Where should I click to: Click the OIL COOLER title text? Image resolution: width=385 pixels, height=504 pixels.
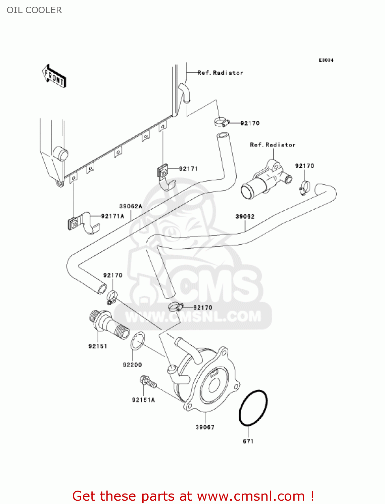(x=34, y=10)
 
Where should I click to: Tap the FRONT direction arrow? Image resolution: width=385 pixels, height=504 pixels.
(x=54, y=76)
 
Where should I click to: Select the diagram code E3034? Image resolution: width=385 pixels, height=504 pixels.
(x=326, y=60)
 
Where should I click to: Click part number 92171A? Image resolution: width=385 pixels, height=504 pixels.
(x=112, y=216)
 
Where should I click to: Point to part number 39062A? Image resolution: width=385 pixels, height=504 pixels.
(x=131, y=206)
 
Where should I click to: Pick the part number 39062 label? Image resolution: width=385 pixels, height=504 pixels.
(x=245, y=217)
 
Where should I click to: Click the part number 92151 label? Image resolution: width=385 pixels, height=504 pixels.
(x=98, y=346)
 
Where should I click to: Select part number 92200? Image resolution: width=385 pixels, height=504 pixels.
(x=132, y=365)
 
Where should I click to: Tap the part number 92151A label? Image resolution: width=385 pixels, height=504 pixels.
(x=143, y=400)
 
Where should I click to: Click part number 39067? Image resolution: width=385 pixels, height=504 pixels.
(x=205, y=427)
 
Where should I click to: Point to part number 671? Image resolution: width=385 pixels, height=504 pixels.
(x=248, y=441)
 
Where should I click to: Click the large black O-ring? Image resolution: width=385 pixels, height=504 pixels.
(x=253, y=408)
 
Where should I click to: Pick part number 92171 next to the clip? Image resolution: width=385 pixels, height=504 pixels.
(x=188, y=169)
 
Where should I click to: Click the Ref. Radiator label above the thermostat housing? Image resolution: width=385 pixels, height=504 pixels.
(x=273, y=145)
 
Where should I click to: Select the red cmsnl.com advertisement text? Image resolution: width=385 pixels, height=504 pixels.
(x=193, y=496)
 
